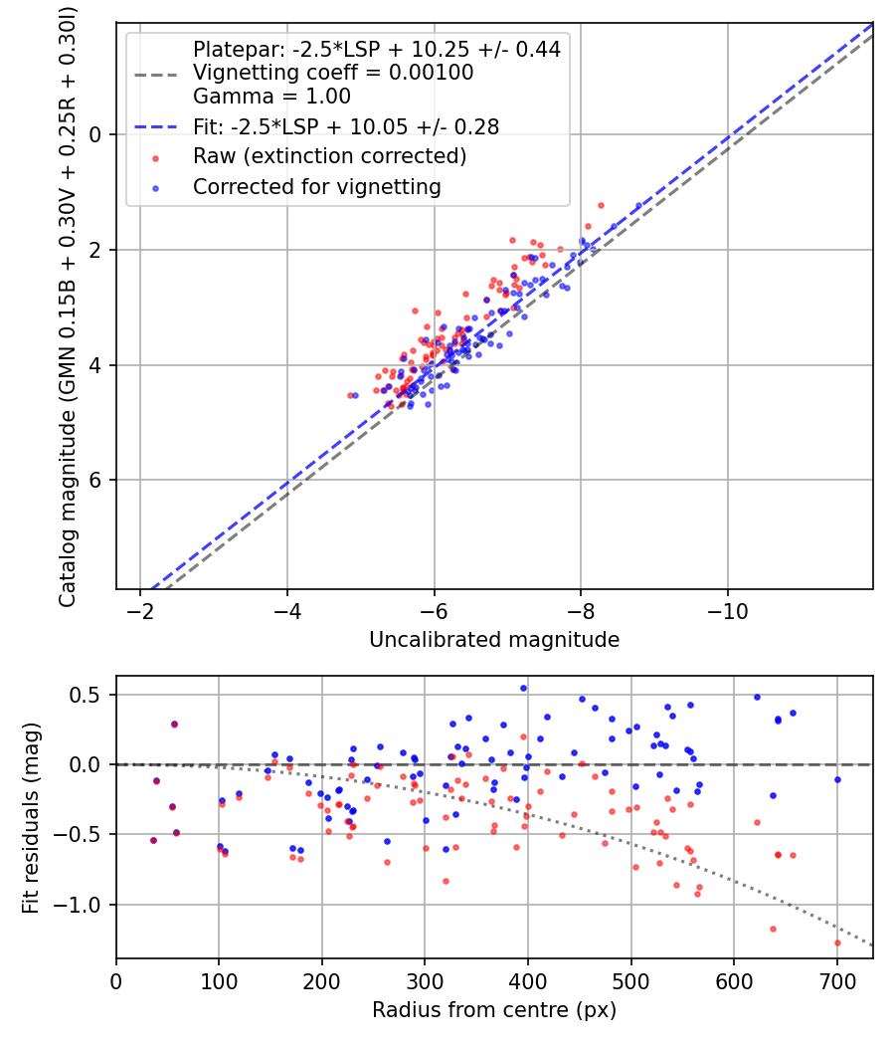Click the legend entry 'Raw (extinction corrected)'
[x=329, y=156]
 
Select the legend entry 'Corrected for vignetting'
[x=316, y=186]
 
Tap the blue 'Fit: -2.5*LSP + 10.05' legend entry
[x=345, y=126]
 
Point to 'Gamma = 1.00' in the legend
[x=271, y=97]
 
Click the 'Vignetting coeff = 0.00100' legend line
[x=333, y=73]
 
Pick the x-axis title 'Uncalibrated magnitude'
[x=494, y=640]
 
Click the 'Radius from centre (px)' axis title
[x=494, y=1010]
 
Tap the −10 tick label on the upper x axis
[x=728, y=611]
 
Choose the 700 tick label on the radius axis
[x=837, y=981]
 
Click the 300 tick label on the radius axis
[x=426, y=981]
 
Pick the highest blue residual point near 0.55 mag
[x=523, y=688]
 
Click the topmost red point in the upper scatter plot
[x=601, y=205]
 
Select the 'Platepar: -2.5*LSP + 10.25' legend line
[x=376, y=49]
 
